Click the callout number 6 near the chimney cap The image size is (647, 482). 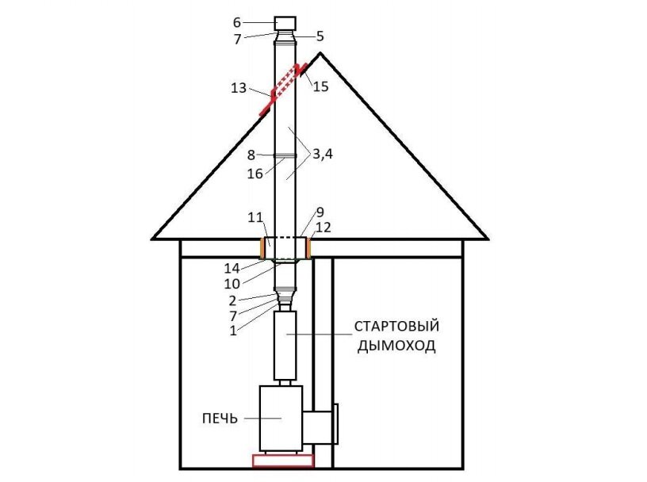(x=237, y=22)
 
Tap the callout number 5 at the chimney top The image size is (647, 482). (x=320, y=36)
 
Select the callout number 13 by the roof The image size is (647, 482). (x=239, y=88)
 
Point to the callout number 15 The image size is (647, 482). (x=320, y=86)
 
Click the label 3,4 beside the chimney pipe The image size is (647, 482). (x=322, y=155)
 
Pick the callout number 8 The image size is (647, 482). (x=251, y=155)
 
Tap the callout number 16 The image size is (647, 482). (x=255, y=174)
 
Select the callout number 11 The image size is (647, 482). (x=255, y=217)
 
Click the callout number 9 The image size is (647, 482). (x=320, y=212)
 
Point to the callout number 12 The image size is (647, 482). (x=323, y=228)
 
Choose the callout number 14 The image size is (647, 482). (x=232, y=269)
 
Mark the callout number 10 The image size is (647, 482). (x=232, y=284)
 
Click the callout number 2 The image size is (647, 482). (x=232, y=300)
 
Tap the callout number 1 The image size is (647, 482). (x=233, y=331)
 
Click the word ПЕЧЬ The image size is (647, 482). (x=220, y=419)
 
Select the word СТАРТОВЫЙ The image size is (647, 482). (x=397, y=327)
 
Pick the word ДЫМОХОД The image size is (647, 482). (x=396, y=346)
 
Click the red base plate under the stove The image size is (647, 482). (x=283, y=461)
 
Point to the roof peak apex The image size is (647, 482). (x=320, y=53)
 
